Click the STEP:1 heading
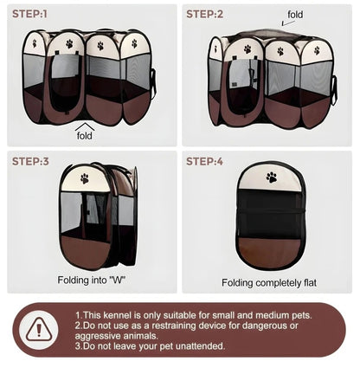pyautogui.click(x=29, y=14)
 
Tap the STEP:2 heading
pyautogui.click(x=204, y=14)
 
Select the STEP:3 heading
pyautogui.click(x=30, y=161)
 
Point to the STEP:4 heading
pyautogui.click(x=204, y=161)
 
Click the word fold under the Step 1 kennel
pyautogui.click(x=85, y=135)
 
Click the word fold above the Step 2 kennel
pyautogui.click(x=295, y=15)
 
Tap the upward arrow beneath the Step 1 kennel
pyautogui.click(x=85, y=126)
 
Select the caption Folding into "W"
pyautogui.click(x=92, y=280)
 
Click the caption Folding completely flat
pyautogui.click(x=269, y=282)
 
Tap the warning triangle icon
pyautogui.click(x=39, y=329)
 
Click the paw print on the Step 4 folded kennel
pyautogui.click(x=272, y=177)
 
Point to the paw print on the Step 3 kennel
pyautogui.click(x=85, y=178)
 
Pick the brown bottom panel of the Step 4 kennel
pyautogui.click(x=271, y=252)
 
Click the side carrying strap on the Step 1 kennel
pyautogui.click(x=153, y=83)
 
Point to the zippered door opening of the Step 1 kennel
pyautogui.click(x=66, y=83)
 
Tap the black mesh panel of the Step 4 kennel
pyautogui.click(x=271, y=214)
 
